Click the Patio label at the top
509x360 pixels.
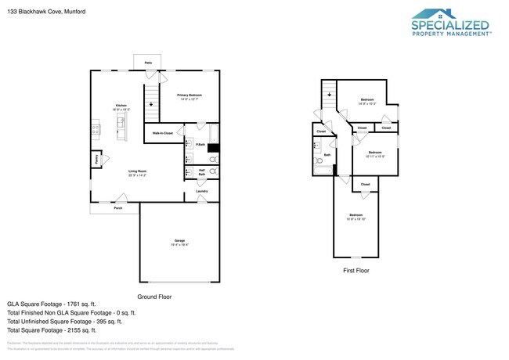[147, 62]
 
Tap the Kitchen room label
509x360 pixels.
[121, 106]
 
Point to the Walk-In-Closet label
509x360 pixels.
[163, 133]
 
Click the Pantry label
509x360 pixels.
[96, 159]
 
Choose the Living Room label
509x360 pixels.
[138, 172]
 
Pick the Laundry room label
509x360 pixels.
[201, 190]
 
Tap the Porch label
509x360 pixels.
[117, 208]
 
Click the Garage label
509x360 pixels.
[179, 242]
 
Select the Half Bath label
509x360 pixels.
[201, 172]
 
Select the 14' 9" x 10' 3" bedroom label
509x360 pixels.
[367, 101]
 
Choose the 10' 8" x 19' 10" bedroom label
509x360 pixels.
[356, 217]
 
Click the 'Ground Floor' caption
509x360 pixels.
[154, 297]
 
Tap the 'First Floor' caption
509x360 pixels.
[356, 270]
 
